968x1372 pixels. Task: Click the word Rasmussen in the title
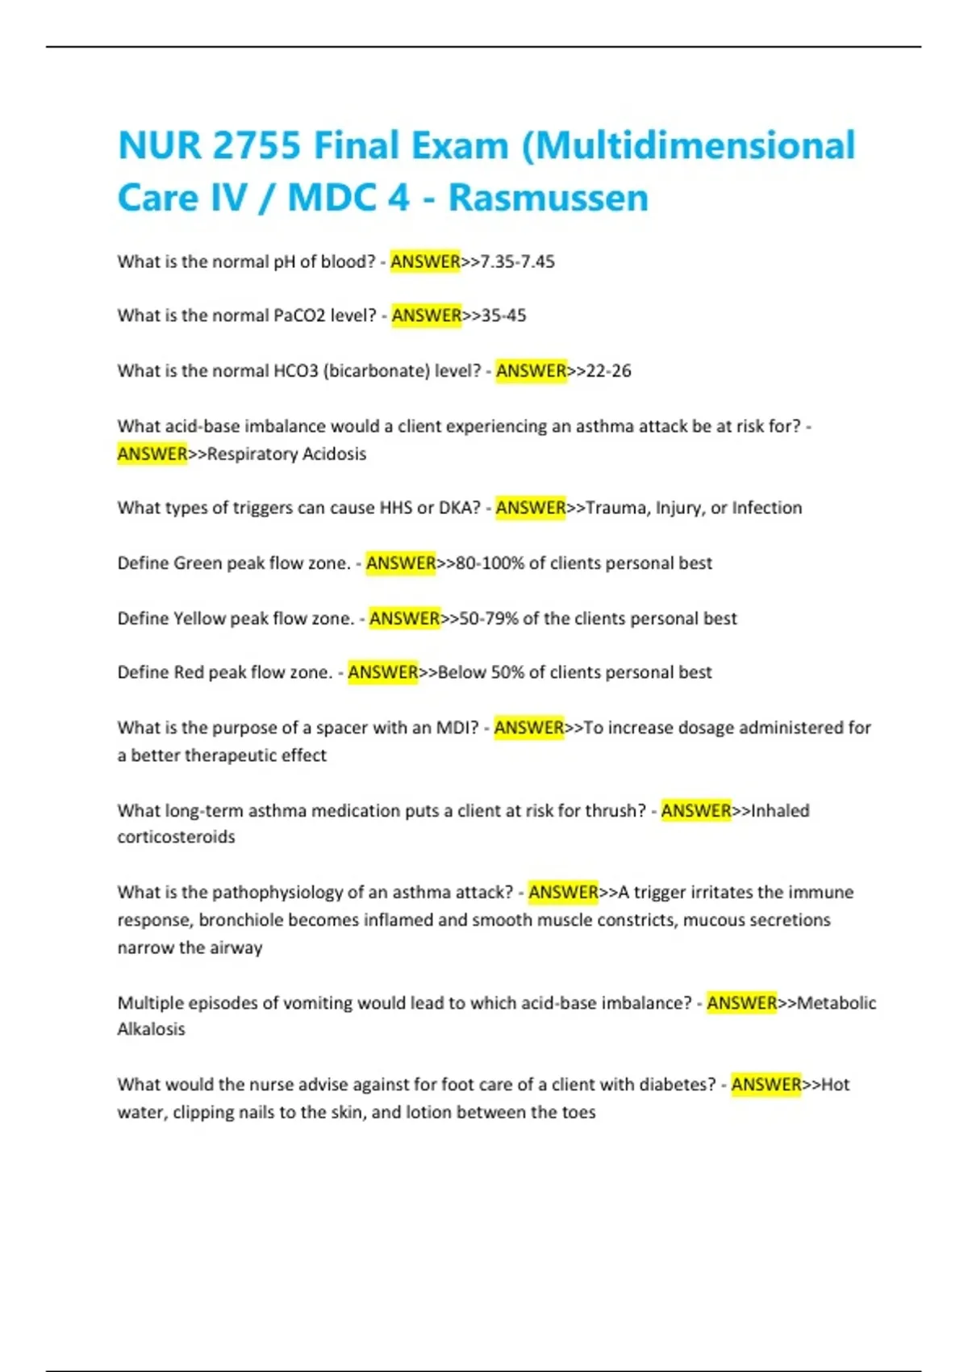pos(548,198)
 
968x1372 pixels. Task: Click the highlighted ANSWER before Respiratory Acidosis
pos(152,454)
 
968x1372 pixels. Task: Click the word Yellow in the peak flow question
pos(199,618)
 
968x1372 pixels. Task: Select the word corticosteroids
pos(176,837)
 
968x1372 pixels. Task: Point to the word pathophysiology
pos(277,893)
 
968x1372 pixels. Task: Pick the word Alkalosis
pos(151,1029)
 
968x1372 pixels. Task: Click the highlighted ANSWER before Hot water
pos(766,1085)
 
